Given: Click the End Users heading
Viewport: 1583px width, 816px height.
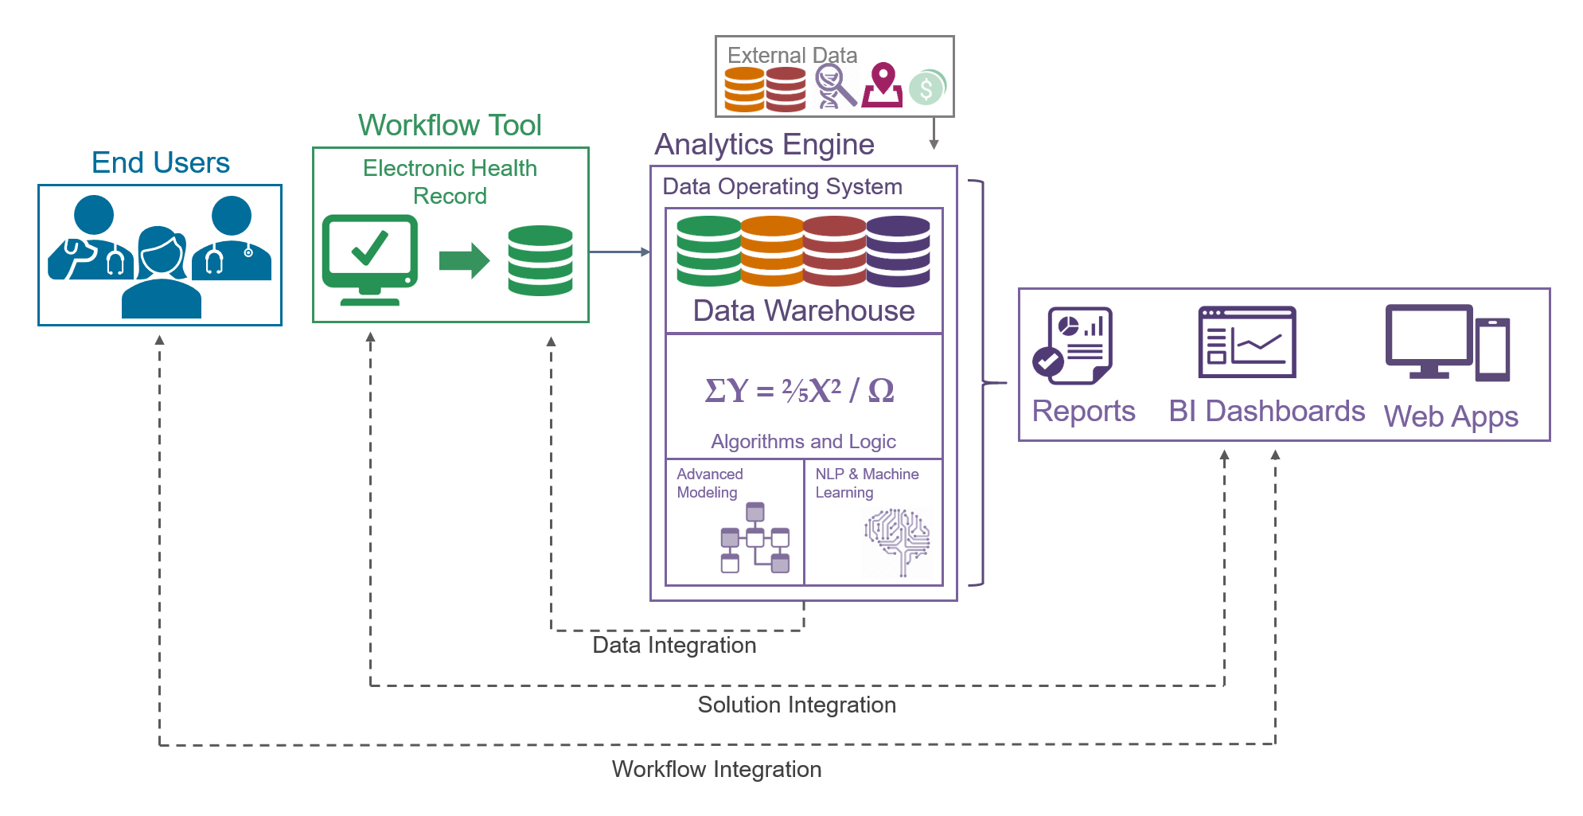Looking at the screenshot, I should pyautogui.click(x=160, y=162).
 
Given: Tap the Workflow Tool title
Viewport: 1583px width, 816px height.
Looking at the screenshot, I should pyautogui.click(x=450, y=125).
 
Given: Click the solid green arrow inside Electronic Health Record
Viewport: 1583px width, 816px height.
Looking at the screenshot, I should pyautogui.click(x=464, y=260).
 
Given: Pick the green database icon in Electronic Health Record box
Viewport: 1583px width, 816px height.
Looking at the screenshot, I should pyautogui.click(x=540, y=260).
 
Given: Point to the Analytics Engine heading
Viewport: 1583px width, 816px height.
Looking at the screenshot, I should pyautogui.click(x=764, y=144).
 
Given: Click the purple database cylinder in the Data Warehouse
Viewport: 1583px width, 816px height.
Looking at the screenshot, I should pyautogui.click(x=899, y=251).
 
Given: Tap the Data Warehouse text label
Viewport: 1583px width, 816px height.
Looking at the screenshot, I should pyautogui.click(x=804, y=310).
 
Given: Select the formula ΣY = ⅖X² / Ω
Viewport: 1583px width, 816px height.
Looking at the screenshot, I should pyautogui.click(x=799, y=390).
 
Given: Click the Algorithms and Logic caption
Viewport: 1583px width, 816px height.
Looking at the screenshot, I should pyautogui.click(x=803, y=441).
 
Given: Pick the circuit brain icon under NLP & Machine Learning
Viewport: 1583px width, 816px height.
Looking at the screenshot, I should pyautogui.click(x=897, y=541).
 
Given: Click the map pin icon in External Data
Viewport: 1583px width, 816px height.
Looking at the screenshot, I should pyautogui.click(x=883, y=85).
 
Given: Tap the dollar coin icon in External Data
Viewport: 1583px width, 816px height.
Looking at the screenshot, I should pyautogui.click(x=926, y=88).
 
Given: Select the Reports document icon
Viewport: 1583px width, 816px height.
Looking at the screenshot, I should pyautogui.click(x=1073, y=345).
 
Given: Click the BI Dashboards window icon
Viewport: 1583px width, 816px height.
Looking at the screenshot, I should pyautogui.click(x=1247, y=342).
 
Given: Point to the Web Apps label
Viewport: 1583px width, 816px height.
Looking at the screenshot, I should pyautogui.click(x=1451, y=416).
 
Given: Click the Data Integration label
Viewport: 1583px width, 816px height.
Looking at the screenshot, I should pyautogui.click(x=674, y=645).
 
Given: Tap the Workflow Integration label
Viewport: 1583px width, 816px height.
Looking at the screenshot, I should pyautogui.click(x=716, y=769).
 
